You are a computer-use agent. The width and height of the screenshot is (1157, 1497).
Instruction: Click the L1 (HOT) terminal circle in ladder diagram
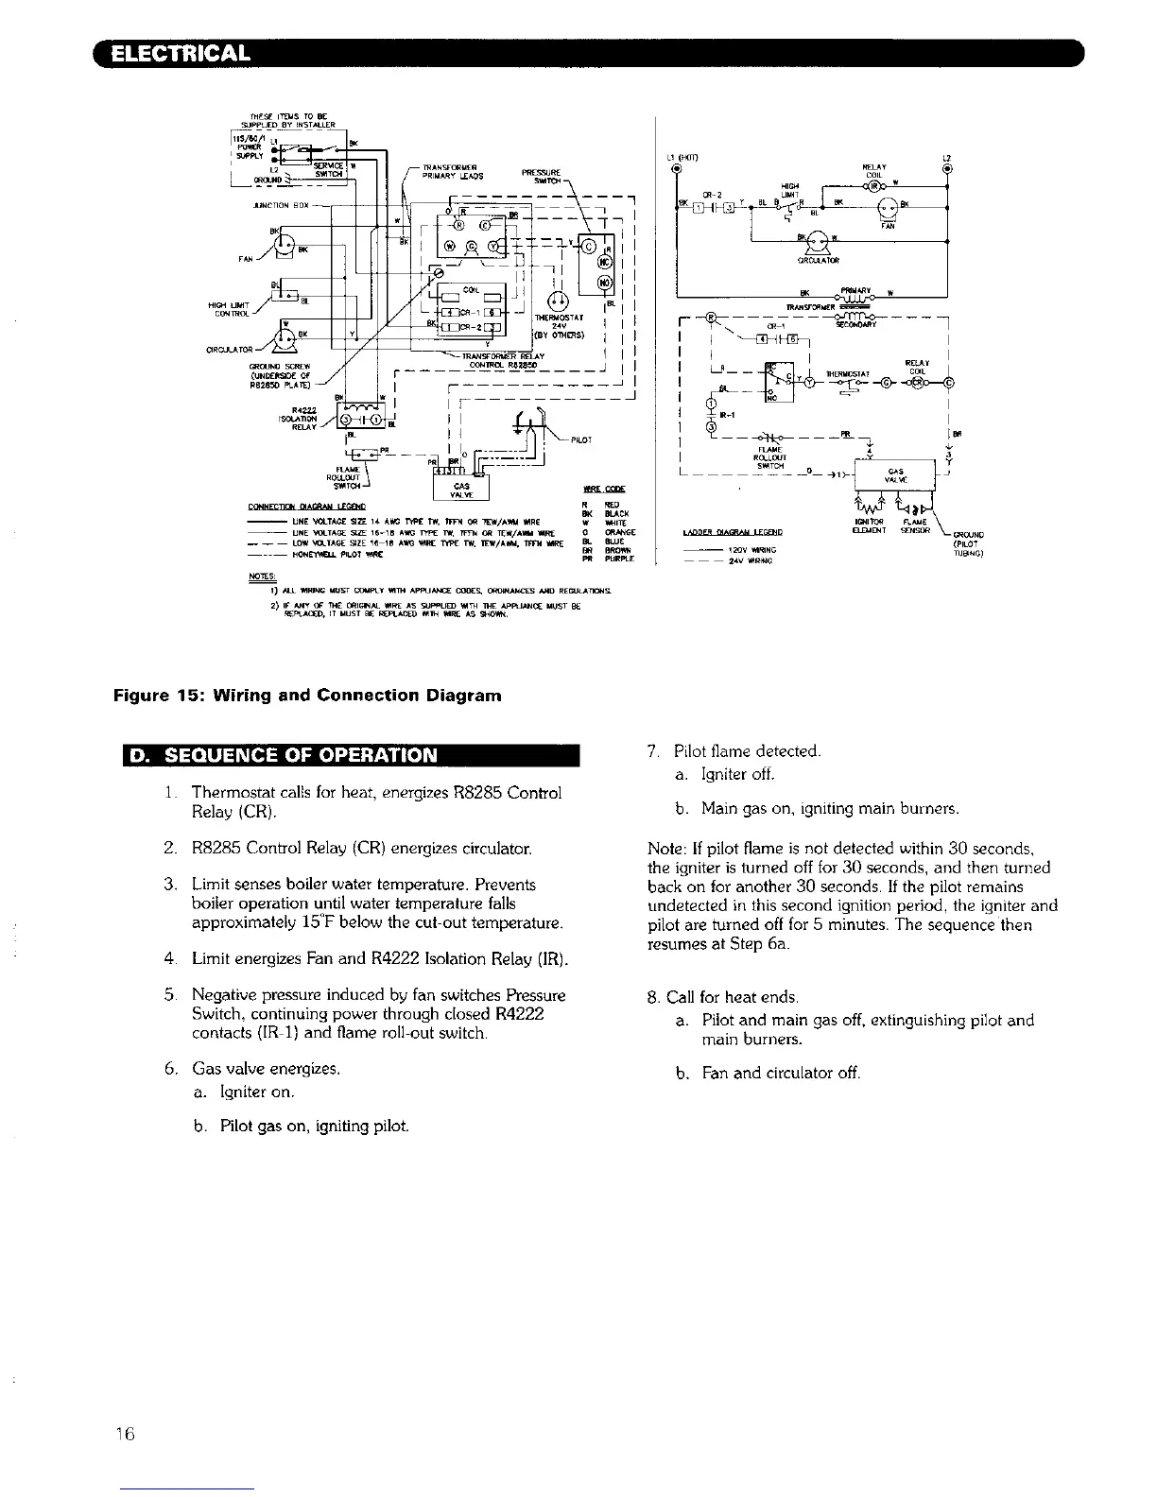pos(676,170)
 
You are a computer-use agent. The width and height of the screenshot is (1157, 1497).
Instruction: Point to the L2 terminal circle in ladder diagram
pos(946,170)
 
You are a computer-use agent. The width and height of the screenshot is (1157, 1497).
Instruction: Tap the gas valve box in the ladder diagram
pos(894,473)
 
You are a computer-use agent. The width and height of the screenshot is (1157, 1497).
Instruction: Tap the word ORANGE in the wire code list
pos(623,533)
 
